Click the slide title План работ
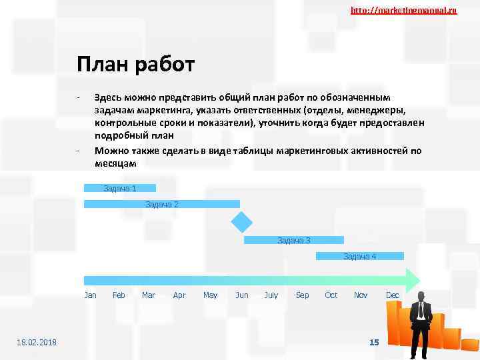(135, 65)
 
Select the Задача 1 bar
(120, 188)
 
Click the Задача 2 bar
(162, 204)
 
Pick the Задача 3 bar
(294, 240)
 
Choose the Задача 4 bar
(360, 256)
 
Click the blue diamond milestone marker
(241, 222)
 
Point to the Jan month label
(91, 295)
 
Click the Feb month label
(119, 295)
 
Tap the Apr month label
(179, 295)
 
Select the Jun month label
(241, 295)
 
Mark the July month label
(271, 295)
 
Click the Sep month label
(302, 295)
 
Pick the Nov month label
(361, 295)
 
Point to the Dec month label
(393, 295)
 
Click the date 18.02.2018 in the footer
(37, 343)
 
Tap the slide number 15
(374, 342)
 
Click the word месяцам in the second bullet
(115, 163)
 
